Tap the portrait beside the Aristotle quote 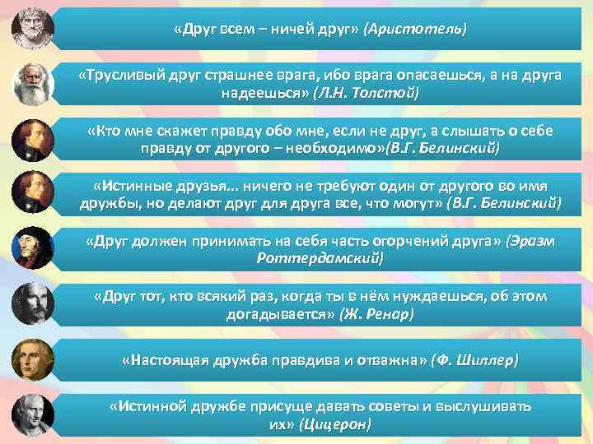pos(32,29)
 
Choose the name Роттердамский pos(320,258)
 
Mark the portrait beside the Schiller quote pos(32,360)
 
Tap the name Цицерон pos(336,424)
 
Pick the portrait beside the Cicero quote pos(32,415)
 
